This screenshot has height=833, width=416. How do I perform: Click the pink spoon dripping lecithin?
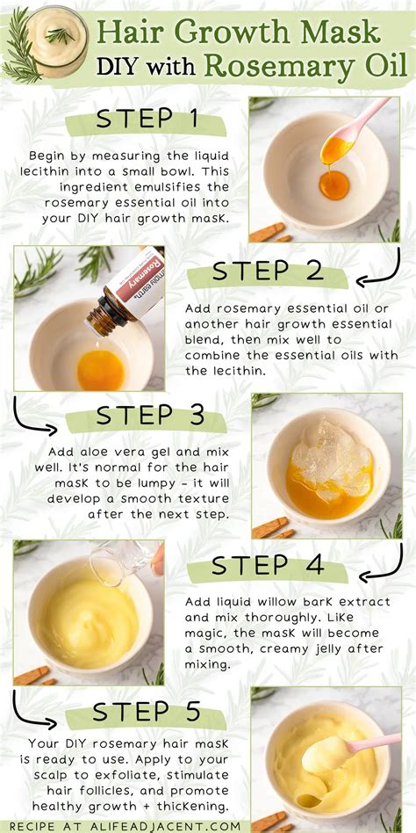tap(356, 124)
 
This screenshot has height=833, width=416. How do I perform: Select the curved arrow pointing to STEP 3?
tap(32, 416)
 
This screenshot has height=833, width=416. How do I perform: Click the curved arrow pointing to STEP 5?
tap(32, 710)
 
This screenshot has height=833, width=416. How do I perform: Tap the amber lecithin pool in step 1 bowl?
tap(333, 185)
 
